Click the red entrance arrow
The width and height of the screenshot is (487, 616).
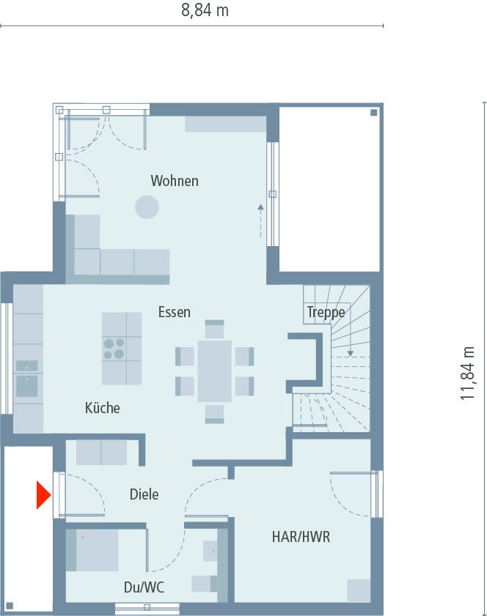coord(43,494)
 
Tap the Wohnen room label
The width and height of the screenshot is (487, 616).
coord(175,181)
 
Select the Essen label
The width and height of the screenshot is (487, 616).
coord(175,312)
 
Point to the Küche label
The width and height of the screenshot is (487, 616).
coord(102,408)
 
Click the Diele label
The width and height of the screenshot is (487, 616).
coord(144,494)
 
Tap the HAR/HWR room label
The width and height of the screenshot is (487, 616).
coord(301,537)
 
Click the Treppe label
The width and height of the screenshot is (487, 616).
coord(326,313)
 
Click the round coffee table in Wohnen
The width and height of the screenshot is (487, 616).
coord(147,207)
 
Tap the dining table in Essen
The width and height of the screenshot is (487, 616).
coord(214,371)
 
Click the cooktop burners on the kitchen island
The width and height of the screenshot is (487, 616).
coord(114,348)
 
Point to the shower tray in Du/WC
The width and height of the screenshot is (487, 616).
coord(92,549)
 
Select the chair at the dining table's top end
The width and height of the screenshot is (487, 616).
coord(214,327)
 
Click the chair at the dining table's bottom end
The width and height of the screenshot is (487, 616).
coord(214,414)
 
